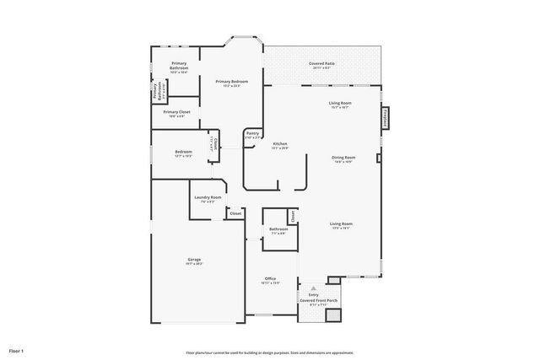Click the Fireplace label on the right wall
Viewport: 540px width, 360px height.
coord(386,119)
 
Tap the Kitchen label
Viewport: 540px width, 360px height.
coord(280,144)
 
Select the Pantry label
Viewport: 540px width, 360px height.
coord(252,132)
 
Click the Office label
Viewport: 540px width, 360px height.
coord(271,279)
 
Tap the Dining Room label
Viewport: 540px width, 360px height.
coord(343,158)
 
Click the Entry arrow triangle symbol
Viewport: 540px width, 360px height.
coord(313,287)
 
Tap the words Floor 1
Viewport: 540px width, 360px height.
coord(16,350)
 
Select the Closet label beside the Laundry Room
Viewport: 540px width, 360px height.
coord(235,213)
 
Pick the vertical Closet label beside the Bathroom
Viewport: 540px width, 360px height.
coord(293,217)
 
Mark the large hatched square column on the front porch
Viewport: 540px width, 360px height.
coord(334,314)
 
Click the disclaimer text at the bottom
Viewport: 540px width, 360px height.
coord(270,352)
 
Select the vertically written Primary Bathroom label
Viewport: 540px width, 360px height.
coord(156,89)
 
